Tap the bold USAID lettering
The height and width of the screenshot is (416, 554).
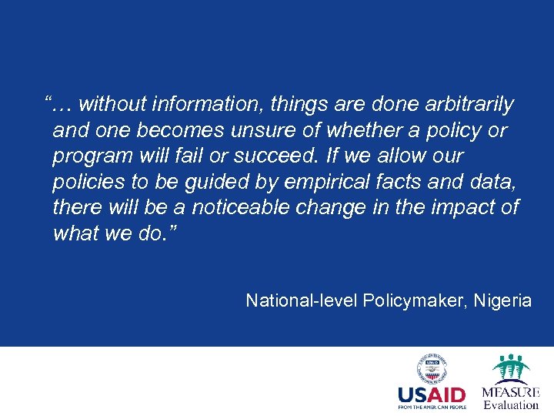click(432, 395)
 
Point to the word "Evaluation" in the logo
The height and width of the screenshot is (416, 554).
click(511, 404)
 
